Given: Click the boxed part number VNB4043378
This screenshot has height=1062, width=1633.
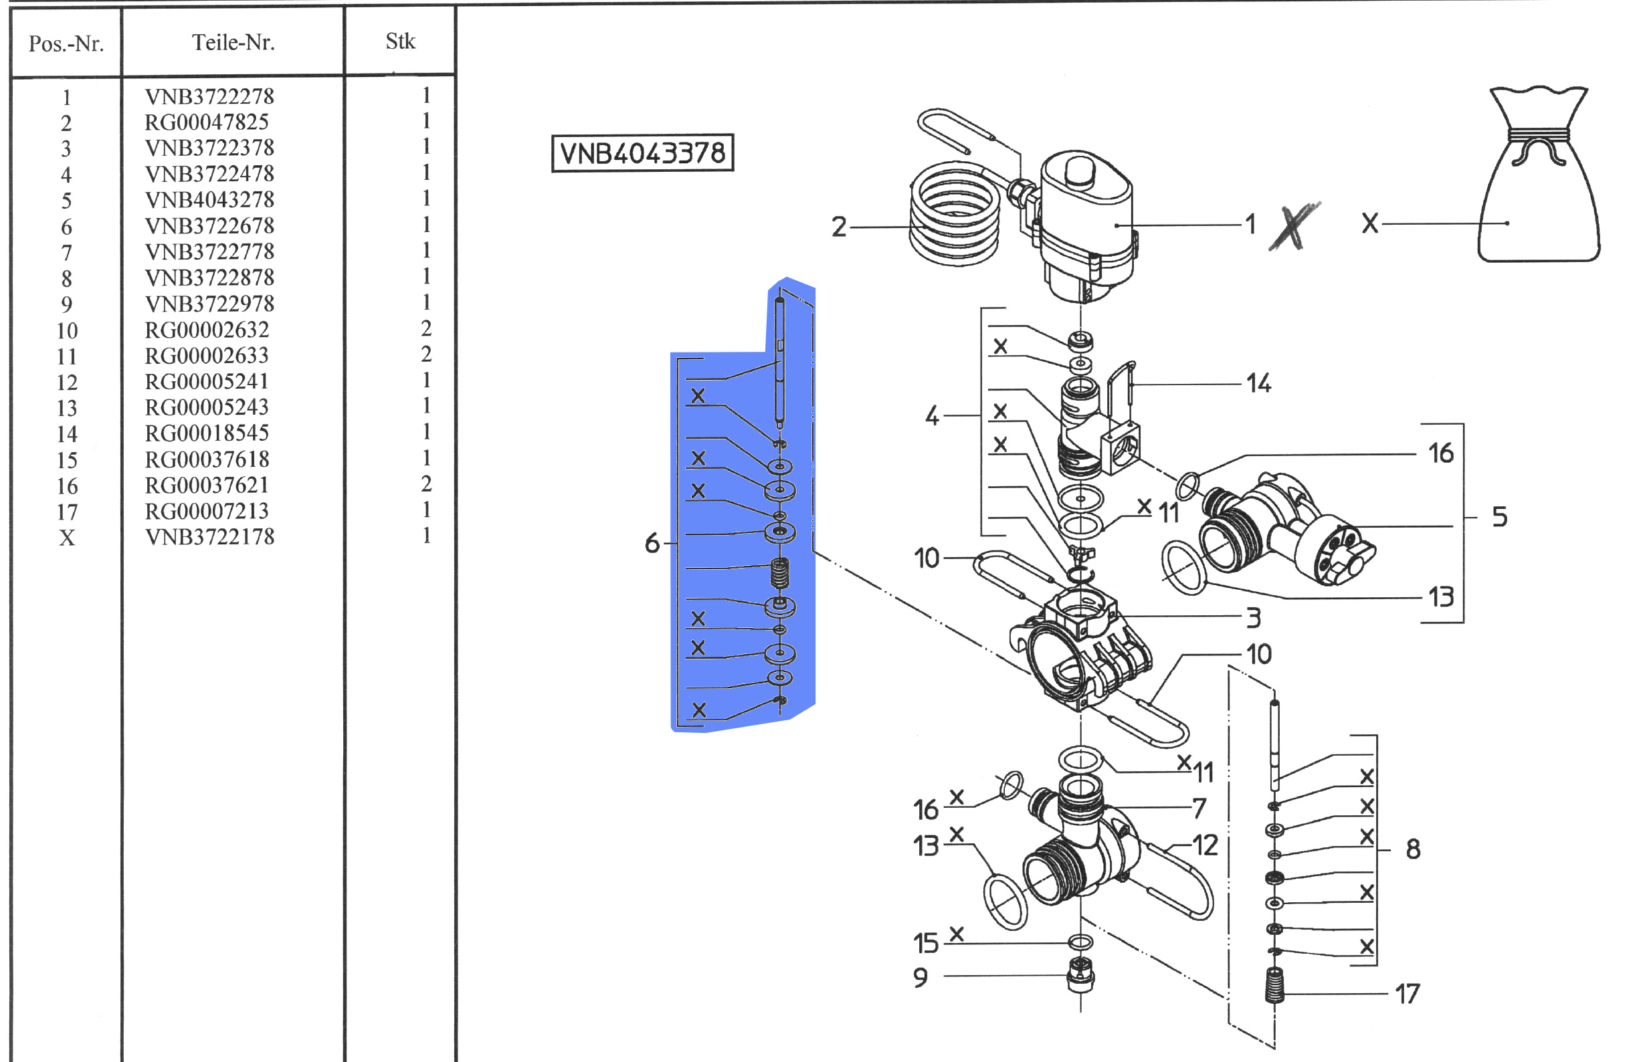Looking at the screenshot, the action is pyautogui.click(x=642, y=152).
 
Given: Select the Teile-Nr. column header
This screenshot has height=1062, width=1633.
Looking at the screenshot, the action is pyautogui.click(x=233, y=43).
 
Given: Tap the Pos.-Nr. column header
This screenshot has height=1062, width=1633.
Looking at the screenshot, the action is pyautogui.click(x=66, y=44).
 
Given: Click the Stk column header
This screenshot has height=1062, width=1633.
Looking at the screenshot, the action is pyautogui.click(x=400, y=41).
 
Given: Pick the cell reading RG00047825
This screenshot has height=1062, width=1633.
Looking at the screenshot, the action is pyautogui.click(x=207, y=122).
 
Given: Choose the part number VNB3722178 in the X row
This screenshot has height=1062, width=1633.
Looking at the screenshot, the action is pyautogui.click(x=209, y=536).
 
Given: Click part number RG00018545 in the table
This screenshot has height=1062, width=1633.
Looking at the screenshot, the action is pyautogui.click(x=207, y=433).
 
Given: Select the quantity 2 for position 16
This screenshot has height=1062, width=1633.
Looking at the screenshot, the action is pyautogui.click(x=426, y=484).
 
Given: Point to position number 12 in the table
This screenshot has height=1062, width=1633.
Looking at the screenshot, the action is pyautogui.click(x=66, y=382).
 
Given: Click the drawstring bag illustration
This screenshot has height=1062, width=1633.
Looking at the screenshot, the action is pyautogui.click(x=1539, y=175).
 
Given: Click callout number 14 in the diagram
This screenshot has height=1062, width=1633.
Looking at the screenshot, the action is pyautogui.click(x=1258, y=383).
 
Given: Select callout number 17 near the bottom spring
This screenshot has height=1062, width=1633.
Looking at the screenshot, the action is pyautogui.click(x=1408, y=993).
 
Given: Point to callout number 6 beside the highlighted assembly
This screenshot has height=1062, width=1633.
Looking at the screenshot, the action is pyautogui.click(x=652, y=543).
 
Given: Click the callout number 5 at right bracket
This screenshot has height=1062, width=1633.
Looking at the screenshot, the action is pyautogui.click(x=1500, y=516).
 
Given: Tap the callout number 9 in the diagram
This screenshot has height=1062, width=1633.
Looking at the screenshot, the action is pyautogui.click(x=921, y=977).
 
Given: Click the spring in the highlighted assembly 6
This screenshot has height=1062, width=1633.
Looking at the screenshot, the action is pyautogui.click(x=779, y=574).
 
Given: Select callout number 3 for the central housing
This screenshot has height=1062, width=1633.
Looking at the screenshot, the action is pyautogui.click(x=1254, y=618).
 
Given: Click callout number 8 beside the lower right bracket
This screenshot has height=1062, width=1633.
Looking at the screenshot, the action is pyautogui.click(x=1413, y=849).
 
